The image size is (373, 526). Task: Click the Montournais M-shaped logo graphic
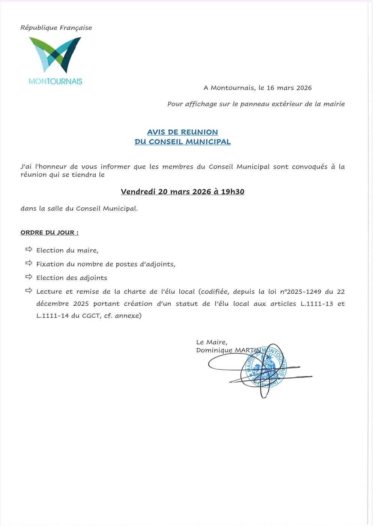[x=55, y=54]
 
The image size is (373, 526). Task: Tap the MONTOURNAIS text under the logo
[x=55, y=81]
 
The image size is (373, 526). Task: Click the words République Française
[x=56, y=28]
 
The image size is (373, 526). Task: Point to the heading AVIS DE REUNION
[x=182, y=132]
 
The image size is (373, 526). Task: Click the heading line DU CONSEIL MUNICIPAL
[x=182, y=142]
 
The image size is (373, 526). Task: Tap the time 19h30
[x=233, y=192]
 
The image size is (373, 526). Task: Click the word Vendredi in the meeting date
[x=138, y=192]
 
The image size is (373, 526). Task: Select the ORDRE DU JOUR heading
[x=49, y=233]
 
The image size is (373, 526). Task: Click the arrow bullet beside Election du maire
[x=29, y=249]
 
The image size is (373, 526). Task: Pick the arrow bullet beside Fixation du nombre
[x=29, y=263]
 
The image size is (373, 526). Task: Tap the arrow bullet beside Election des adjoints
[x=29, y=277]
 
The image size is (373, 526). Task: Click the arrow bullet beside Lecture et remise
[x=29, y=291]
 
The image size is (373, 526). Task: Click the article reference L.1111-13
[x=317, y=304]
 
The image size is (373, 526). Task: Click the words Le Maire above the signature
[x=211, y=342]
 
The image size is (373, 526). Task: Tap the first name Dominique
[x=214, y=350]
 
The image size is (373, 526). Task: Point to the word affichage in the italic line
[x=201, y=104]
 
